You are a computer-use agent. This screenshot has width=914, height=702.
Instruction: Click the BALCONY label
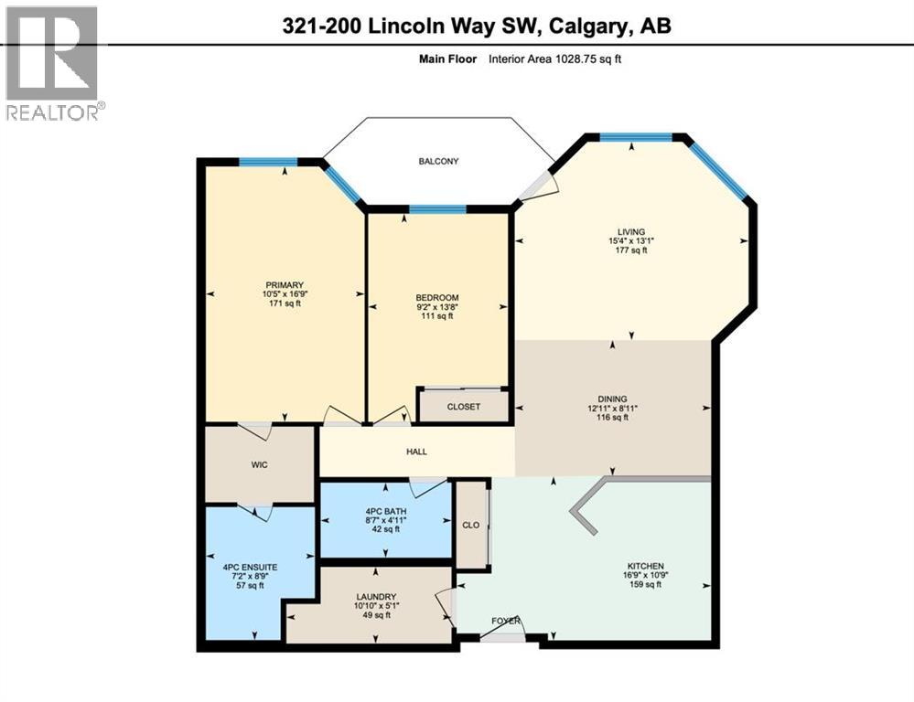tap(438, 162)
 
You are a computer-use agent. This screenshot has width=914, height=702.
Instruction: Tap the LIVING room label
tap(631, 231)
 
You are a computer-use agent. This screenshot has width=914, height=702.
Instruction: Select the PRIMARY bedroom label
tap(285, 285)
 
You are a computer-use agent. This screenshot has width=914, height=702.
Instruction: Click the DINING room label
tap(612, 399)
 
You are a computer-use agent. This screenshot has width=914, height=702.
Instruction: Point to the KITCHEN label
tap(645, 566)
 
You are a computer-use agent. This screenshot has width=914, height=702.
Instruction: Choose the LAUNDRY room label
tap(376, 597)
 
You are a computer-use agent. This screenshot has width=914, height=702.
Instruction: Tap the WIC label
tap(260, 465)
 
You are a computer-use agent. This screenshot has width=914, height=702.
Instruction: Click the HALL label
tap(417, 452)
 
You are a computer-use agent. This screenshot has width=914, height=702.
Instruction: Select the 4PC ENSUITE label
tap(250, 568)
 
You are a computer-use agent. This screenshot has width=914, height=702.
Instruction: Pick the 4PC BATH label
tap(385, 512)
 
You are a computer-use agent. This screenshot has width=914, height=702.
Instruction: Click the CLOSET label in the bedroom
tap(464, 407)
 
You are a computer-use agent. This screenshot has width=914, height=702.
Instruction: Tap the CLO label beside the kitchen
tap(470, 525)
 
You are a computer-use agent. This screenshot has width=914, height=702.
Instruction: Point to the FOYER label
tap(505, 621)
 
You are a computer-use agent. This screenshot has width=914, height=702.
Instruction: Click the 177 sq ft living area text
tap(631, 250)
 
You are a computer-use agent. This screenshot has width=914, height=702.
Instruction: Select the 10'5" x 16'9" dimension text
tap(285, 294)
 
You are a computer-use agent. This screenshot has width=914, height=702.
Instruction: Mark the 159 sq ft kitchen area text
tap(645, 584)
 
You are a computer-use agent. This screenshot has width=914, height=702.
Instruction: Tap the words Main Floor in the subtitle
tap(447, 58)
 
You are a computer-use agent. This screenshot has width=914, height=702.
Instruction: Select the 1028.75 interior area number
tap(575, 58)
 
